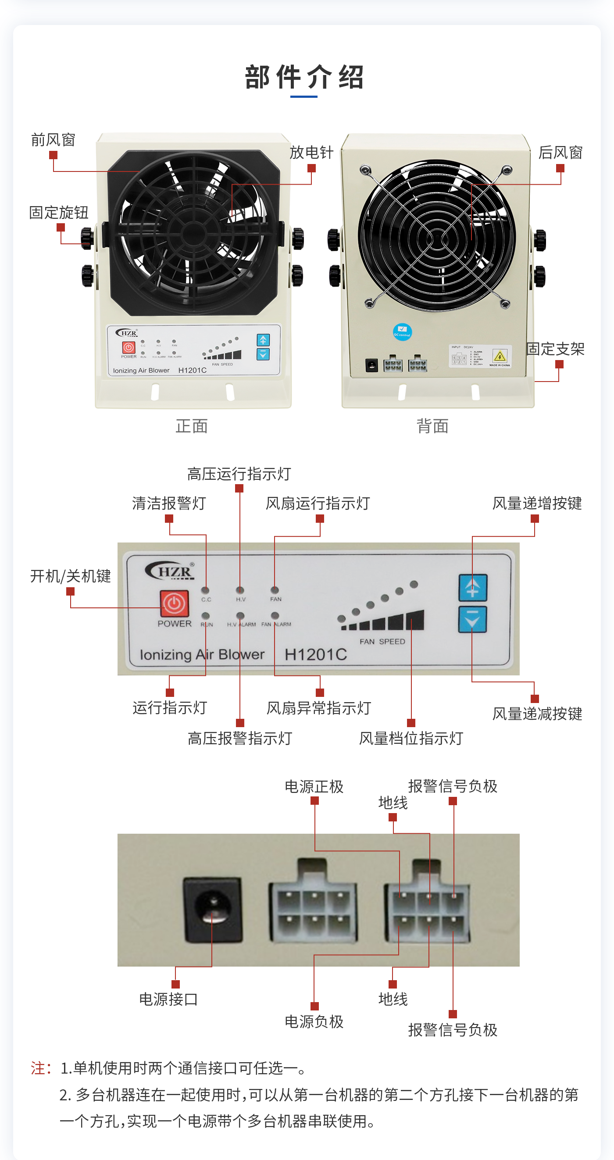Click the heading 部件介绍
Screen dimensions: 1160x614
[x=304, y=77]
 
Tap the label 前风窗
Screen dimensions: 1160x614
[x=53, y=140]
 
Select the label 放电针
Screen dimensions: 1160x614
[x=311, y=153]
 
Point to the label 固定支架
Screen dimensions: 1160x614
[x=555, y=349]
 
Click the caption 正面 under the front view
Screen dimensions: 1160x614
[x=192, y=426]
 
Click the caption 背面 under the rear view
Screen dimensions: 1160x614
[x=432, y=426]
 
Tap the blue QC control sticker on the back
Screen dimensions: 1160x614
[x=402, y=332]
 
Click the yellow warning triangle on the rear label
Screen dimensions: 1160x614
[x=500, y=357]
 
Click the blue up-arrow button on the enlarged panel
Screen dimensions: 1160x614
[x=472, y=588]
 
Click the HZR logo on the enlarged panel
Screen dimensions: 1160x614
[x=170, y=571]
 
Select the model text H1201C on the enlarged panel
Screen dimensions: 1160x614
[x=315, y=655]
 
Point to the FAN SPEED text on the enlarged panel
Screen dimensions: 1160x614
[x=382, y=642]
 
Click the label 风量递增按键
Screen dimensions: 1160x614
[x=537, y=503]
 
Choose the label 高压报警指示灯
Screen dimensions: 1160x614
[x=239, y=739]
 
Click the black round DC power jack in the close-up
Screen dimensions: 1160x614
[x=212, y=910]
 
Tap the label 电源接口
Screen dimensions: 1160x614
[x=168, y=999]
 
